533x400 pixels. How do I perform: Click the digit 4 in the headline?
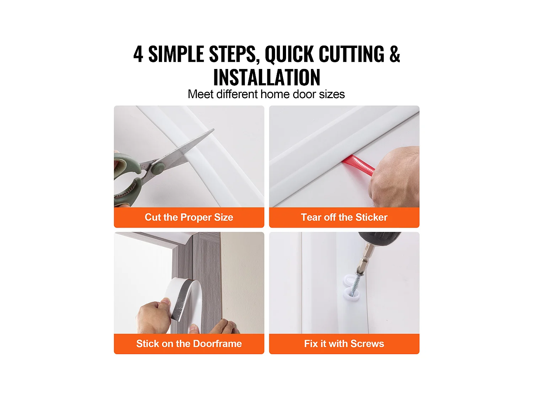(138, 54)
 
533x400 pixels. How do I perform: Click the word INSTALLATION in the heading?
(266, 78)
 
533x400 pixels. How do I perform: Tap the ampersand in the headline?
(394, 54)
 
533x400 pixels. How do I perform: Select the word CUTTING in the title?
(351, 54)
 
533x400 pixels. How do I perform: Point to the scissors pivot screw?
(157, 167)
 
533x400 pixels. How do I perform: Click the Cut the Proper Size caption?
(189, 217)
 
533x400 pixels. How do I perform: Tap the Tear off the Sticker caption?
(344, 217)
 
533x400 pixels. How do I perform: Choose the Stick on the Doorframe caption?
(189, 343)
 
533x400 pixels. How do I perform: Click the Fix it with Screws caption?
(344, 343)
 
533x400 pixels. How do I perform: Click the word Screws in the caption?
(367, 343)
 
